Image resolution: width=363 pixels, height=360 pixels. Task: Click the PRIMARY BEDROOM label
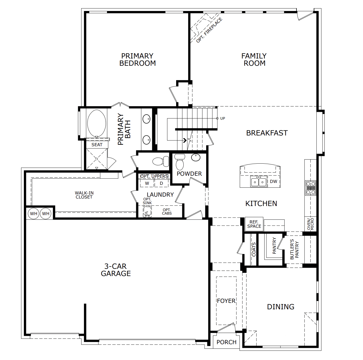[x=138, y=60]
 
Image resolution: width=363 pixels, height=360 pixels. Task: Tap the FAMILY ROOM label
[x=254, y=60]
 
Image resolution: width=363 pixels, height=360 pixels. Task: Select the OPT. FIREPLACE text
[x=209, y=30]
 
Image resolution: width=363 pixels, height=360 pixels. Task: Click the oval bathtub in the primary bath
[x=97, y=123]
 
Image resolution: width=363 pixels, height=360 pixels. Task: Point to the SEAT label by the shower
[x=97, y=145]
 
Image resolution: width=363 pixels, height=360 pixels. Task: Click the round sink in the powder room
[x=196, y=157]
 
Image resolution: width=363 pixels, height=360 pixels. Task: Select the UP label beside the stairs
[x=223, y=118]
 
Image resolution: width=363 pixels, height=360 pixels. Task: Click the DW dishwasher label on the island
[x=273, y=182]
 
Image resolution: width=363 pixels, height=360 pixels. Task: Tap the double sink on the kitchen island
[x=259, y=182]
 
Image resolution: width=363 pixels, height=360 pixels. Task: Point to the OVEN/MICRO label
[x=310, y=224]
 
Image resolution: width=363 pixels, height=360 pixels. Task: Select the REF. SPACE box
[x=254, y=224]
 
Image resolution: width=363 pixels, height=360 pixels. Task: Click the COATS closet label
[x=254, y=249]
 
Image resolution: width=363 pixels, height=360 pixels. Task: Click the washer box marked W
[x=147, y=183]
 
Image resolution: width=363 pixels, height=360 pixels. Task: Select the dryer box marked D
[x=161, y=183]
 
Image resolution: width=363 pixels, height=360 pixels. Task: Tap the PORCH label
[x=227, y=342]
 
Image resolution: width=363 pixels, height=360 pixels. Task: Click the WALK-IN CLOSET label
[x=84, y=195]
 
